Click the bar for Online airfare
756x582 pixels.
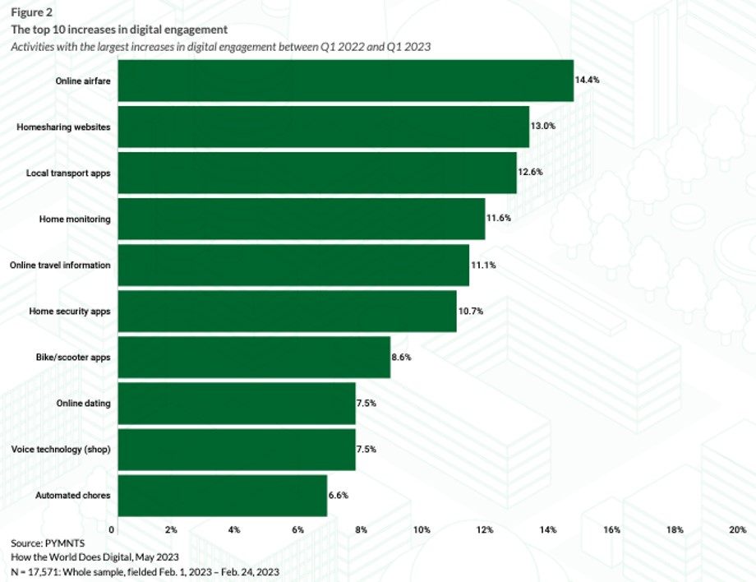(x=343, y=81)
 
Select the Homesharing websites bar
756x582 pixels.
(x=321, y=127)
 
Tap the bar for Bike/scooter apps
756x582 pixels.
(x=251, y=358)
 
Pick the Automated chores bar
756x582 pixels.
(x=219, y=496)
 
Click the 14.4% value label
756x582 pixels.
(x=588, y=81)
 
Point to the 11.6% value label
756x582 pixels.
(x=500, y=219)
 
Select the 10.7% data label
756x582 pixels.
(x=471, y=312)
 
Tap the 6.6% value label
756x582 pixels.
(x=341, y=496)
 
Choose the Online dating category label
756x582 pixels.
(x=83, y=404)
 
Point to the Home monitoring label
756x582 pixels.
(x=75, y=219)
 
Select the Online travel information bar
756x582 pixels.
(x=291, y=266)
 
